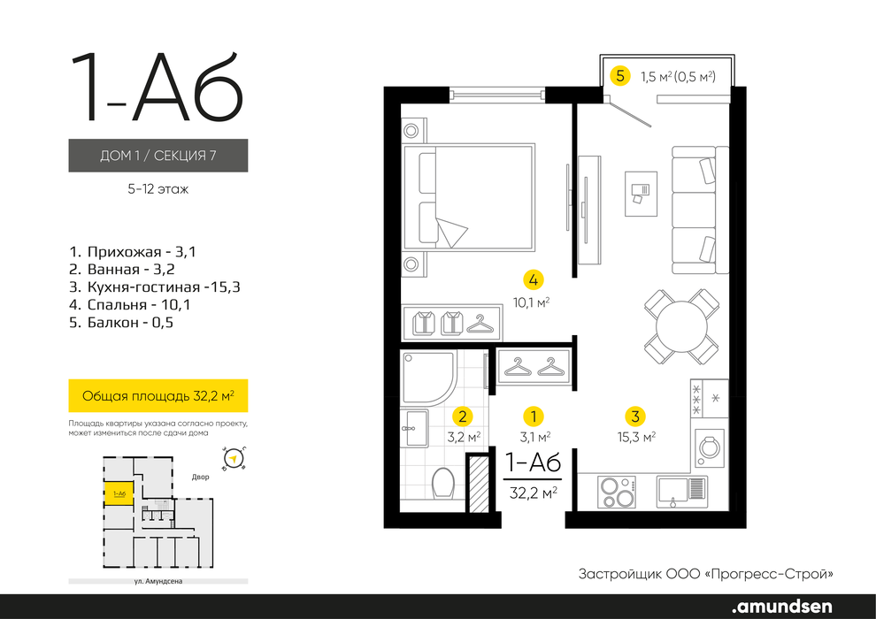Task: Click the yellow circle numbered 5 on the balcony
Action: (620, 75)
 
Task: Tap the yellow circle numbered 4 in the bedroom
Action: (533, 279)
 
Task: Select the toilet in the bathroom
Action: (444, 484)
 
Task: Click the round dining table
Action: (681, 326)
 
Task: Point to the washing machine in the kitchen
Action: (710, 448)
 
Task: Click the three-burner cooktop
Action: (617, 492)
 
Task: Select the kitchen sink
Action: (681, 492)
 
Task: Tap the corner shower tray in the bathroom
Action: (429, 378)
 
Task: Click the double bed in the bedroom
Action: (469, 196)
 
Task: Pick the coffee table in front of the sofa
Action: (641, 194)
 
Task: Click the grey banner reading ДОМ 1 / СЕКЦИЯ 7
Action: (158, 155)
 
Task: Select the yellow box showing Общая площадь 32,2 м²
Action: (158, 396)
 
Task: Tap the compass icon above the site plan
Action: (234, 459)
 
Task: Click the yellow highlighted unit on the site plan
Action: (119, 493)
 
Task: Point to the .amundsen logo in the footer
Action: (782, 606)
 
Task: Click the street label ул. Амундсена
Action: (158, 581)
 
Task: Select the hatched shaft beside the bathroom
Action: (478, 484)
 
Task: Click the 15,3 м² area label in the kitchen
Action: (636, 437)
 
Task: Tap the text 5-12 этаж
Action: (158, 189)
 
